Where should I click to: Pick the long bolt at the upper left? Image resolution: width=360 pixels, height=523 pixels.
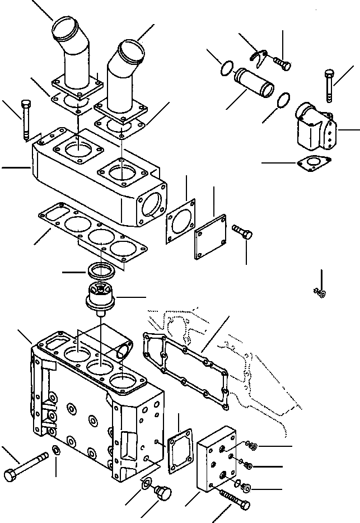click(x=25, y=120)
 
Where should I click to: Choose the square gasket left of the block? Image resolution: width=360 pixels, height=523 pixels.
click(x=180, y=450)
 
